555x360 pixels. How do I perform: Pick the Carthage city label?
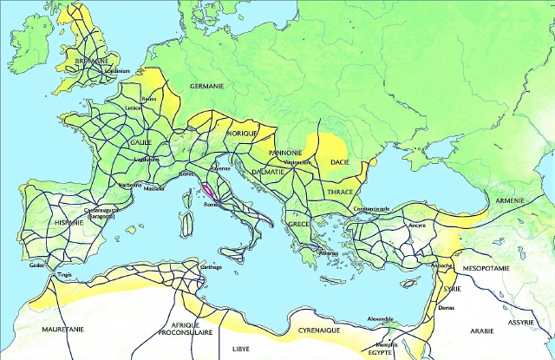[211, 267]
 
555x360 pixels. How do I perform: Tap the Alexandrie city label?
[381, 318]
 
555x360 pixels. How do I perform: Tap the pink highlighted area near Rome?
[209, 188]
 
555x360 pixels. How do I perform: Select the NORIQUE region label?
[243, 134]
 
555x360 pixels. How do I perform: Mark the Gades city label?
[37, 265]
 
